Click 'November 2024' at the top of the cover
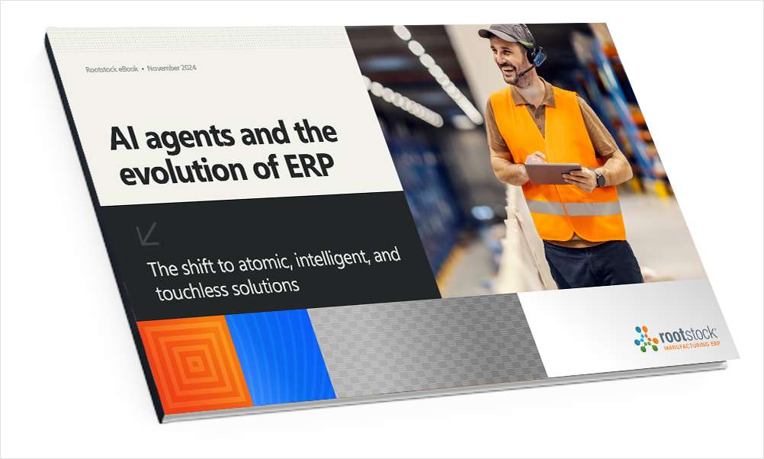click(x=172, y=68)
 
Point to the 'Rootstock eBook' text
click(x=111, y=69)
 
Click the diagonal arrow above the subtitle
click(x=148, y=234)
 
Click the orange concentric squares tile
click(x=195, y=364)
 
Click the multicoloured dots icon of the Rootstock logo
click(x=646, y=339)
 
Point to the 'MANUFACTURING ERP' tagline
click(x=692, y=345)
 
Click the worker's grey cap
click(x=504, y=33)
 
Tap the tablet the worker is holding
click(x=552, y=173)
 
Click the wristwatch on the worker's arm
click(x=600, y=179)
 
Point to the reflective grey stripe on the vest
click(x=573, y=208)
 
